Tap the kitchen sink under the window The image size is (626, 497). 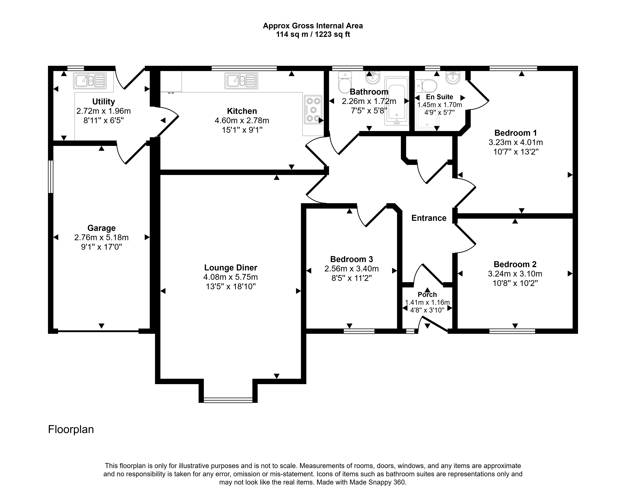pyautogui.click(x=241, y=81)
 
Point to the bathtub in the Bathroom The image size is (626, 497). pyautogui.click(x=396, y=101)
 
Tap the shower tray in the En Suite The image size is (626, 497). pyautogui.click(x=427, y=119)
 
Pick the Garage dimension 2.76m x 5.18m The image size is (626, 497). pyautogui.click(x=101, y=238)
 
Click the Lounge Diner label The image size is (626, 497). pyautogui.click(x=231, y=268)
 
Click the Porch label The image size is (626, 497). pyautogui.click(x=427, y=295)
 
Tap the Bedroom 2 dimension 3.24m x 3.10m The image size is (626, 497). pyautogui.click(x=515, y=274)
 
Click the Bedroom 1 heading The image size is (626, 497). pyautogui.click(x=515, y=133)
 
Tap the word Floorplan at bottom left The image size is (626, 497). pyautogui.click(x=71, y=430)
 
